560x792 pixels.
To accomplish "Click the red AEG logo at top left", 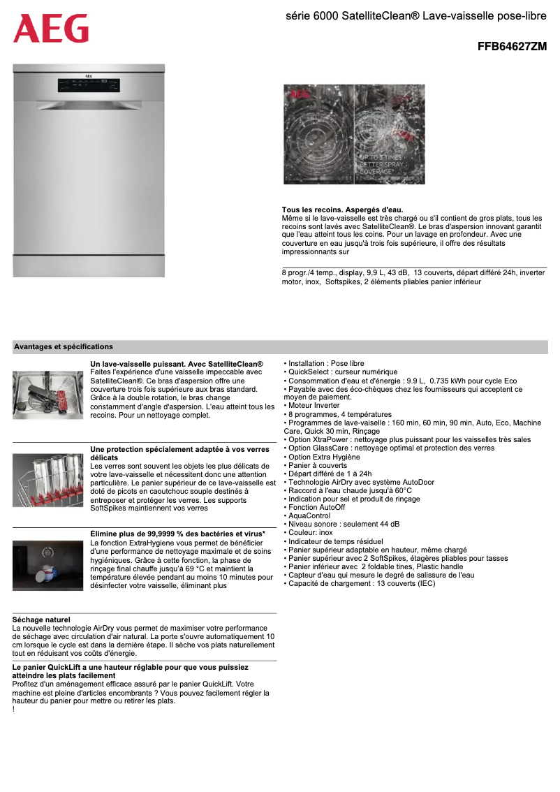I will click(51, 29).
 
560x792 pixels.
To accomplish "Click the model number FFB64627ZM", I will click(511, 47).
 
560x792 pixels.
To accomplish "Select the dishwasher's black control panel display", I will click(89, 86).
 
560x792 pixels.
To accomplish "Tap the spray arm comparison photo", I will click(354, 134).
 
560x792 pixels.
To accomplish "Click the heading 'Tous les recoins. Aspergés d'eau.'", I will click(342, 210).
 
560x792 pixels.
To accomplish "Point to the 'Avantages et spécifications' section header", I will click(64, 346).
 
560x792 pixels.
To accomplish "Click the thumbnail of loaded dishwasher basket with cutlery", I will click(48, 395).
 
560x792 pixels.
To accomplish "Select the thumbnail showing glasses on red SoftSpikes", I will click(48, 480).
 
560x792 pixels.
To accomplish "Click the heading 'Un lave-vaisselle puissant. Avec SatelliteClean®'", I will click(177, 365).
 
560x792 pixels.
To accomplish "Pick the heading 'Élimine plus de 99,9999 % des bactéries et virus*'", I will click(177, 534).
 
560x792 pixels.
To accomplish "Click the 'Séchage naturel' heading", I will click(41, 619).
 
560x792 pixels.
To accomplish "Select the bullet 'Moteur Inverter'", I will click(314, 405).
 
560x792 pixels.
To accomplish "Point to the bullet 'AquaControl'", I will click(309, 515).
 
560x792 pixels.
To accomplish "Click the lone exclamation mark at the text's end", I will click(14, 710).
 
